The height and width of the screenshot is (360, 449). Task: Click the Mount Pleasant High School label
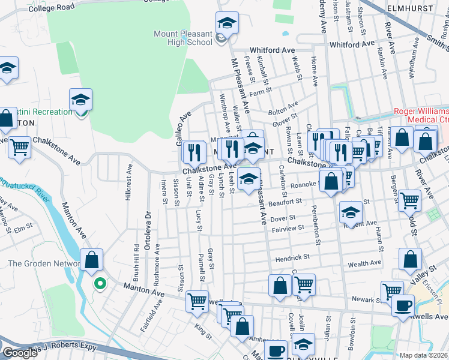(x=183, y=38)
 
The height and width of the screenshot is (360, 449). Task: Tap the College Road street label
(x=50, y=7)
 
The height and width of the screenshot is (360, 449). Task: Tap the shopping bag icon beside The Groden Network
(x=91, y=260)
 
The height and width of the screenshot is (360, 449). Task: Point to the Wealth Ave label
(x=364, y=263)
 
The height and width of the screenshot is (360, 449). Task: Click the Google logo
(x=20, y=353)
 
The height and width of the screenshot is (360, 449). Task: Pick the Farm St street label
(x=261, y=92)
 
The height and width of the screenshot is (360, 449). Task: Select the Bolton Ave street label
(x=282, y=111)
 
